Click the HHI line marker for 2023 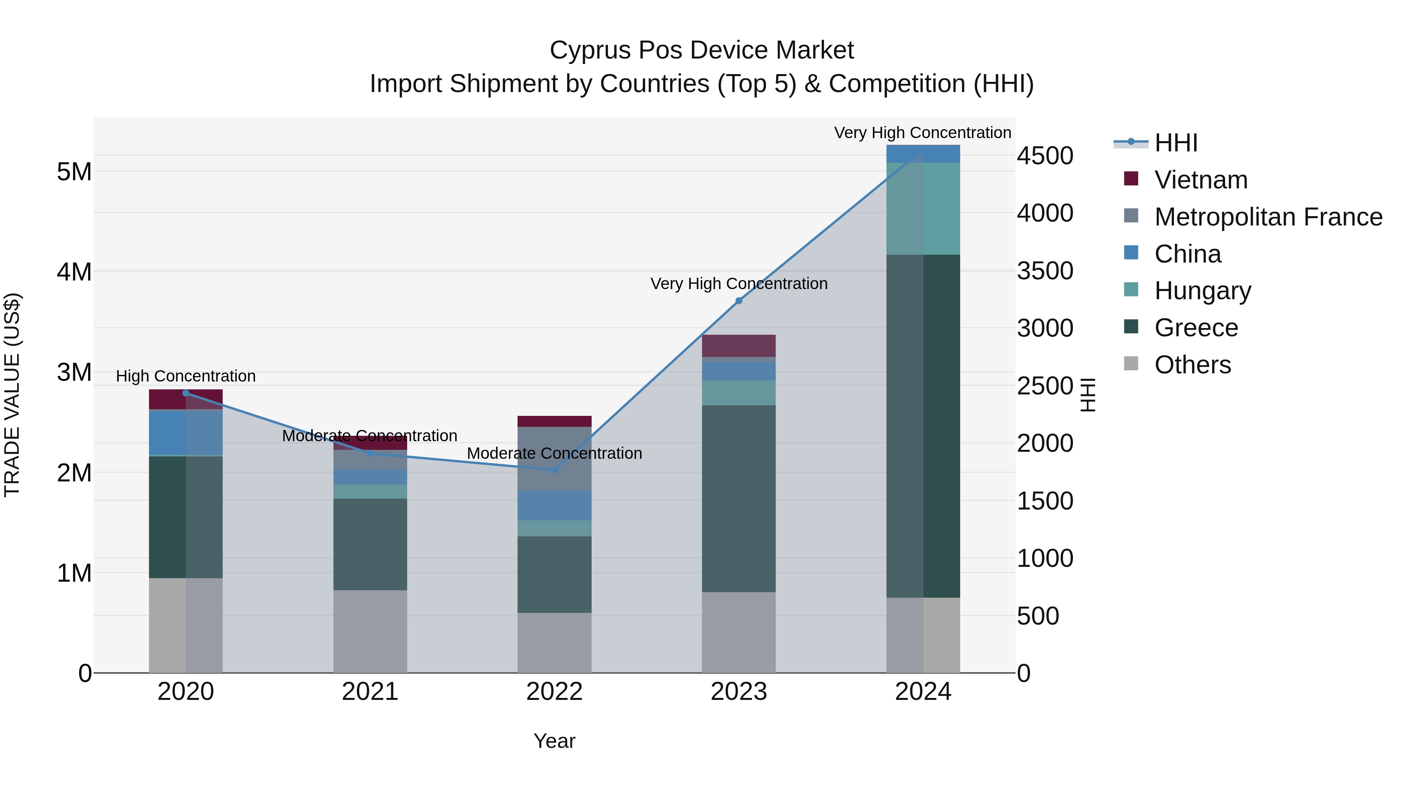pyautogui.click(x=739, y=300)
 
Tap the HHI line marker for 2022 pyautogui.click(x=554, y=469)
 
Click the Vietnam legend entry pyautogui.click(x=1201, y=180)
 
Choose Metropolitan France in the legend pyautogui.click(x=1268, y=217)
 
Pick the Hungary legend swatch pyautogui.click(x=1131, y=290)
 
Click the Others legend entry pyautogui.click(x=1193, y=365)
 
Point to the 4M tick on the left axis pyautogui.click(x=74, y=272)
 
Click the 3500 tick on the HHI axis pyautogui.click(x=1045, y=271)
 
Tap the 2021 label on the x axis pyautogui.click(x=370, y=692)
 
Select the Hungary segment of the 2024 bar pyautogui.click(x=923, y=208)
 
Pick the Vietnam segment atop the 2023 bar pyautogui.click(x=739, y=346)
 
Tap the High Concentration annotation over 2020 pyautogui.click(x=186, y=376)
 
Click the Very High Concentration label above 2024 pyautogui.click(x=922, y=133)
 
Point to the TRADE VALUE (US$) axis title pyautogui.click(x=12, y=395)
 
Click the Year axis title pyautogui.click(x=554, y=741)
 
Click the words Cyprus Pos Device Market pyautogui.click(x=702, y=50)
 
